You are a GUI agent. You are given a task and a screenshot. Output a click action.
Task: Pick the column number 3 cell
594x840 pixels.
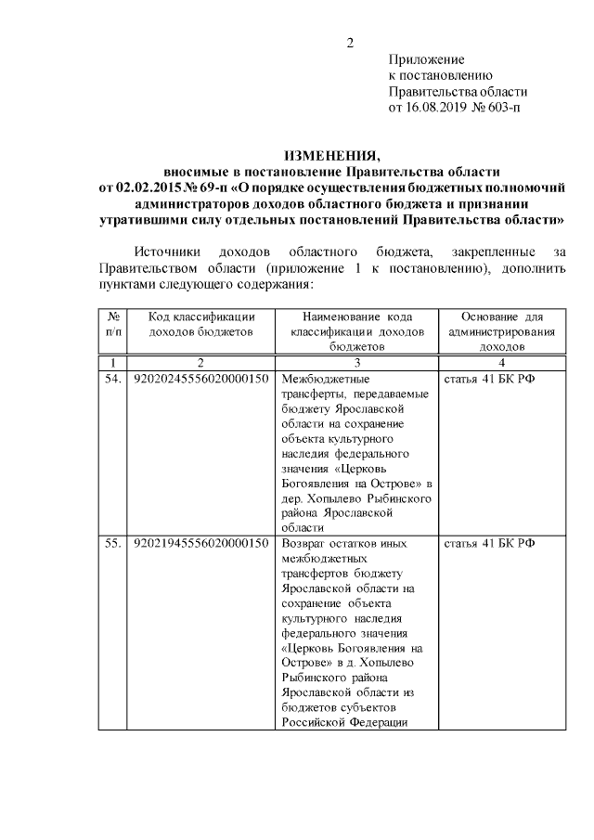(x=356, y=363)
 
